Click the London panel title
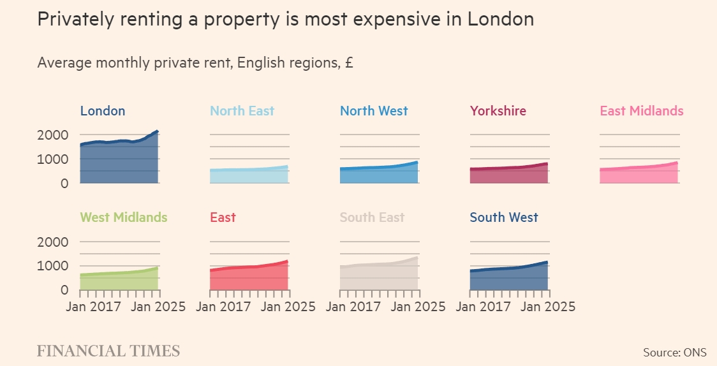coord(103,111)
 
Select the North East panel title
coord(242,111)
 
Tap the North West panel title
coord(374,111)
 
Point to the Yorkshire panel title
coord(498,111)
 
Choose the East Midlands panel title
coord(641,111)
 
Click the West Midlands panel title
coord(123,217)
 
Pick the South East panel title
coord(372,217)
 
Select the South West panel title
coord(504,217)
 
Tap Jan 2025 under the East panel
coord(288,306)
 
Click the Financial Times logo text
coord(108,351)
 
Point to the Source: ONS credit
coord(675,352)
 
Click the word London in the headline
coord(501,19)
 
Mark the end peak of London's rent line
coord(157,131)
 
